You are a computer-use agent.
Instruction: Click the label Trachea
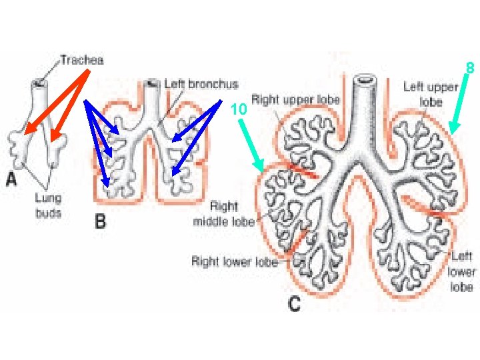click(82, 60)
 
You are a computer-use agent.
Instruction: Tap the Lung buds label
click(48, 205)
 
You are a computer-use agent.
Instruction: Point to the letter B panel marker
click(99, 221)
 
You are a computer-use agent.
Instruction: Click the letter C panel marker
click(293, 305)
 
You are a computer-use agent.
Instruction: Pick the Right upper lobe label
click(295, 100)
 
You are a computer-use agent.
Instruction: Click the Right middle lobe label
click(225, 214)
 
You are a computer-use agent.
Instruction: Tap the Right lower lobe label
click(234, 261)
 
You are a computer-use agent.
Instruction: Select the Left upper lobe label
click(431, 94)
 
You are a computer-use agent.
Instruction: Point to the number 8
click(469, 68)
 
